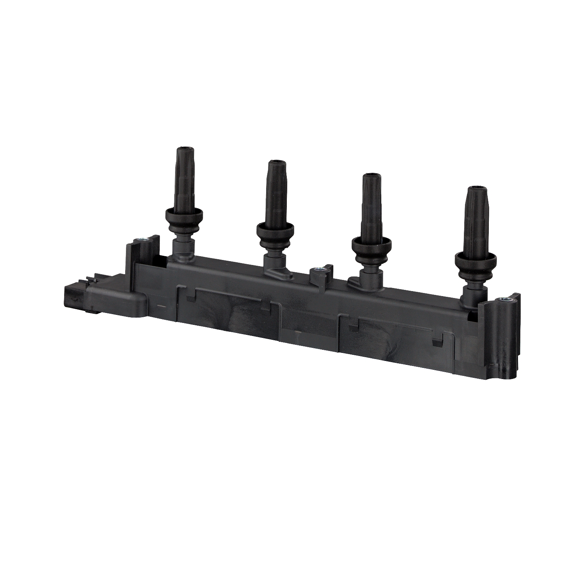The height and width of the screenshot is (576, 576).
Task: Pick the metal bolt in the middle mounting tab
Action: pos(318,270)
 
